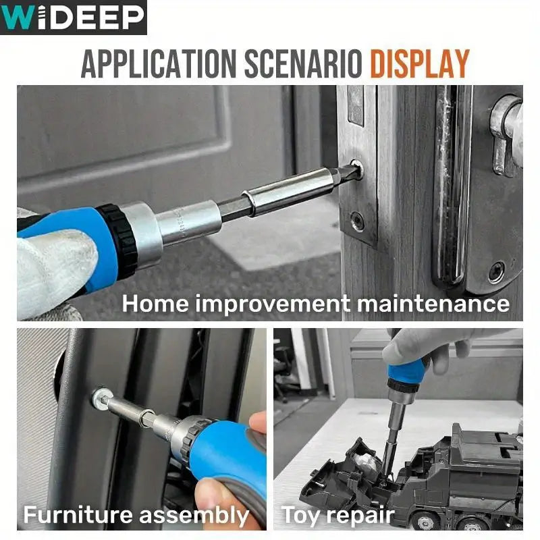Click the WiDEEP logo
[74, 18]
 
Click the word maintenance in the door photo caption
[433, 304]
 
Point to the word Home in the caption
[155, 303]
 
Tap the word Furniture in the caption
[78, 514]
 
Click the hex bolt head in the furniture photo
[102, 396]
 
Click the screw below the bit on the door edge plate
[358, 219]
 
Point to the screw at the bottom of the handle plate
[497, 272]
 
